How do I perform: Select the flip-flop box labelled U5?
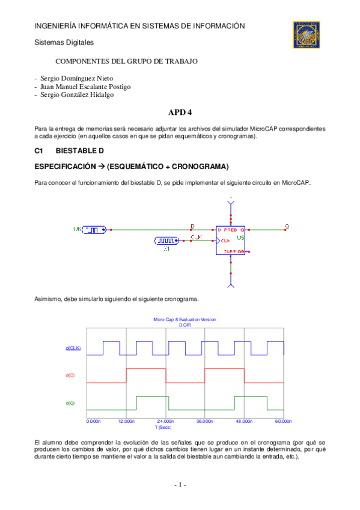click(x=230, y=240)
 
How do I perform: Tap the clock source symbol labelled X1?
click(x=166, y=241)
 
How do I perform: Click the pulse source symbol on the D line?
click(x=96, y=229)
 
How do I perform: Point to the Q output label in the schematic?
click(x=287, y=226)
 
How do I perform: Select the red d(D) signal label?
click(x=70, y=375)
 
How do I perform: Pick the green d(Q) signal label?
click(x=70, y=402)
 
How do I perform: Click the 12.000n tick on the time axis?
click(x=126, y=421)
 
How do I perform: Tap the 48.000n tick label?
click(x=243, y=421)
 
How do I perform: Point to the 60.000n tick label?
click(x=282, y=421)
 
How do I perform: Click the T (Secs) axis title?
click(x=163, y=427)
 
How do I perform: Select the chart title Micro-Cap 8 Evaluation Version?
click(x=185, y=319)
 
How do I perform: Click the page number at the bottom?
click(x=180, y=485)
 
